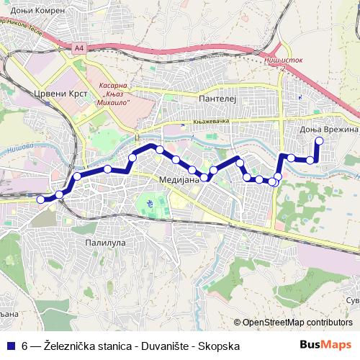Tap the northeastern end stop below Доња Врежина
click(x=318, y=141)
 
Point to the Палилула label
click(x=105, y=243)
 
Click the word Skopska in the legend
click(x=220, y=346)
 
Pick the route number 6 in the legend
click(x=24, y=346)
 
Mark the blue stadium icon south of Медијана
click(x=149, y=204)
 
